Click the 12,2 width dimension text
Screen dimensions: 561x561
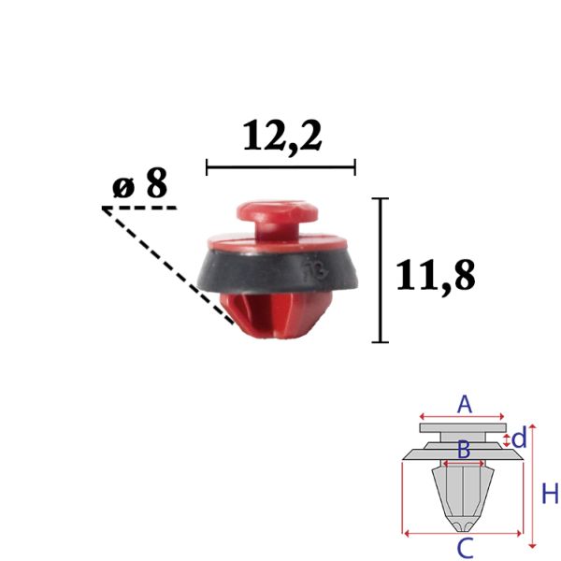(282, 137)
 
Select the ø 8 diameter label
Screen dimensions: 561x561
(139, 183)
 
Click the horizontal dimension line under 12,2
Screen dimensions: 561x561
(280, 167)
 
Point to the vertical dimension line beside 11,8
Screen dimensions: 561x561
(381, 270)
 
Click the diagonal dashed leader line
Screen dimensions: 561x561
(168, 266)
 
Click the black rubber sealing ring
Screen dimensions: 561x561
(277, 271)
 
